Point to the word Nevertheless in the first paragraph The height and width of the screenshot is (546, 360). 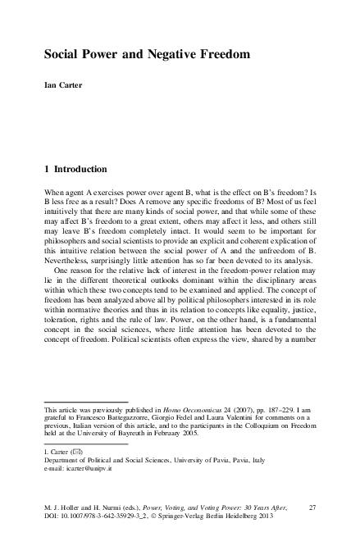coord(70,255)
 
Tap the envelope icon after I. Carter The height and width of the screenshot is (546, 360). coord(75,453)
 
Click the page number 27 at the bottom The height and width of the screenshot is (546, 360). coord(312,507)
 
